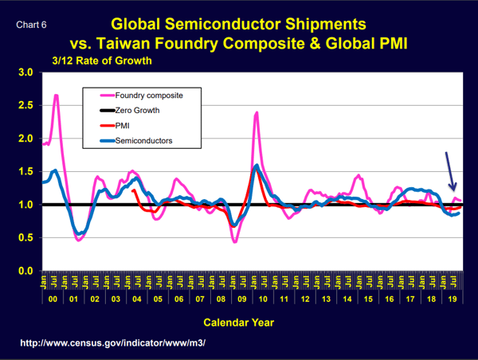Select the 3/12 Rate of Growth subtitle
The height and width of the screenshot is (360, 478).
(101, 60)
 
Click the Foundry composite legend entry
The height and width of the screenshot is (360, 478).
(149, 95)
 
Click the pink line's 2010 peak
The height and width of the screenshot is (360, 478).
(257, 113)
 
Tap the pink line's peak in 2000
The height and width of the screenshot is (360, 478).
(56, 96)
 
